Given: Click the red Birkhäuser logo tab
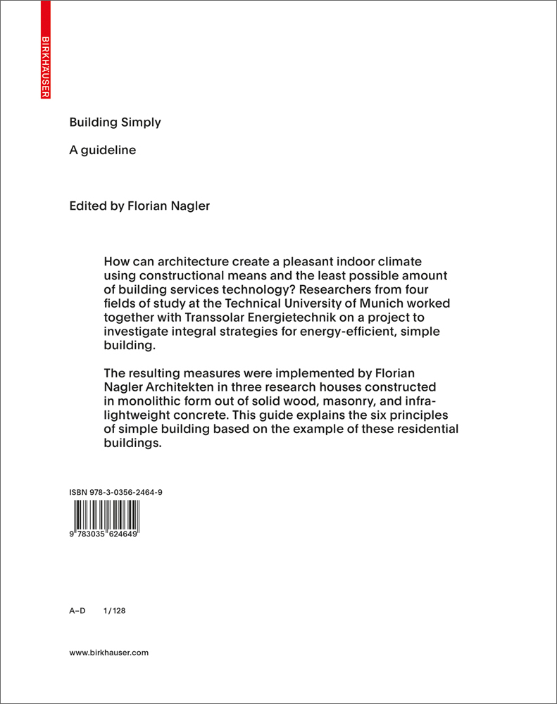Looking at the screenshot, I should pos(46,50).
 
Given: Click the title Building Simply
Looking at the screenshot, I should pos(115,122).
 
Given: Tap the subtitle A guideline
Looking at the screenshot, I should pos(102,150).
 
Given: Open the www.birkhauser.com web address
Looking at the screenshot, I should pos(109,653).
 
